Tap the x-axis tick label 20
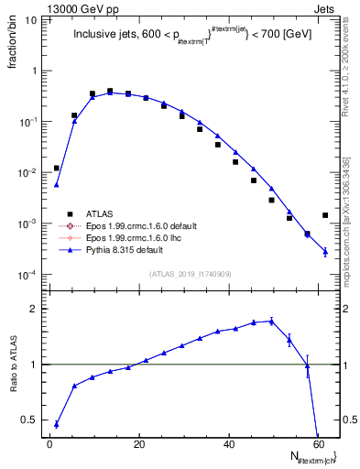pyautogui.click(x=139, y=443)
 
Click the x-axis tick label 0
pyautogui.click(x=50, y=443)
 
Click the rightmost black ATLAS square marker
pyautogui.click(x=325, y=215)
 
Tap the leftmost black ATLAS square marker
pyautogui.click(x=57, y=169)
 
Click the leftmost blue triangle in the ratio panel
pyautogui.click(x=57, y=424)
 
